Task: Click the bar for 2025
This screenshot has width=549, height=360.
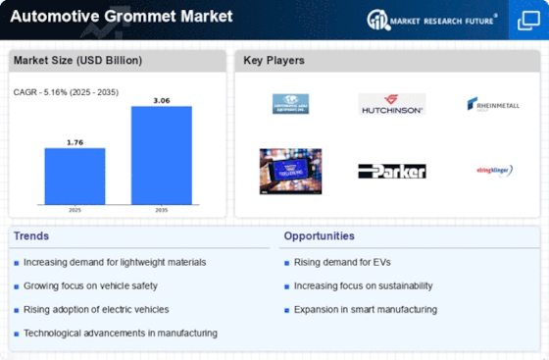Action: coord(75,176)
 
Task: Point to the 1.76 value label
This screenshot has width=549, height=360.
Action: coord(75,141)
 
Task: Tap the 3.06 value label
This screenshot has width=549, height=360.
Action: coord(161,99)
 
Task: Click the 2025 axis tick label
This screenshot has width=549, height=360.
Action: coord(75,210)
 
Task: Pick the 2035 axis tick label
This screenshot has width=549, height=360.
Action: coord(161,210)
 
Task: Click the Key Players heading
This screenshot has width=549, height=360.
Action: coord(274,61)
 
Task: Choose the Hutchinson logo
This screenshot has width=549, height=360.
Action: coord(391,104)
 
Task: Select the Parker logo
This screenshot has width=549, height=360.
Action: coord(391,171)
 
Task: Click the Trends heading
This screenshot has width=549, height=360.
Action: coord(32,236)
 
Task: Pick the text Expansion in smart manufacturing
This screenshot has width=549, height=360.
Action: coord(365,309)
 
